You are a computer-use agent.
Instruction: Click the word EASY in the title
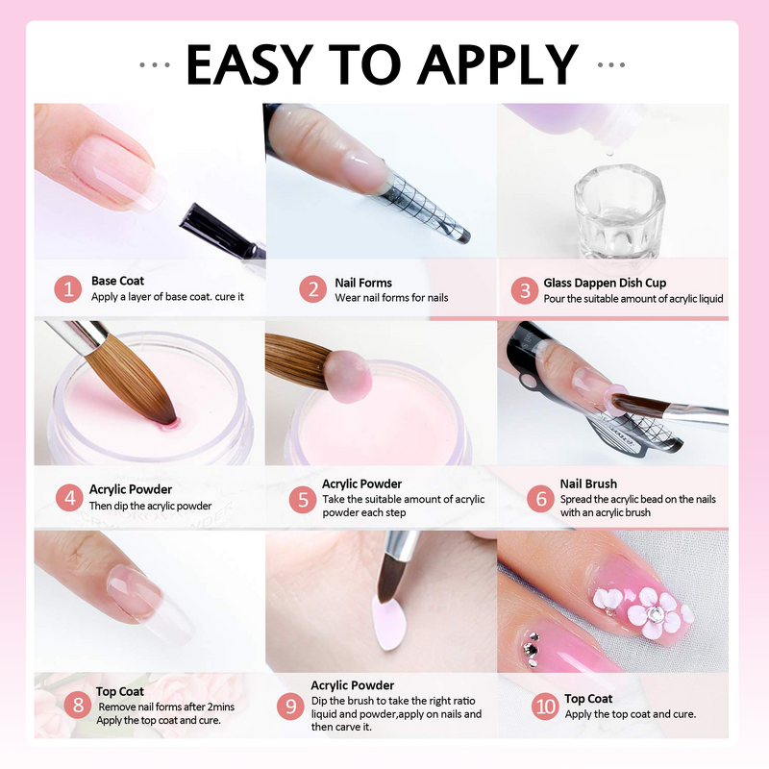pos(246,63)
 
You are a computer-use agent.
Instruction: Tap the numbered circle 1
pos(68,289)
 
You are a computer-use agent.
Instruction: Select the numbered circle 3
pos(524,289)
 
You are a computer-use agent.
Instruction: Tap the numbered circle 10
pos(546,707)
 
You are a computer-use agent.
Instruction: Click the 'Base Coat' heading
pos(117,282)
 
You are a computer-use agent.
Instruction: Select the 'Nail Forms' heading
pos(363,283)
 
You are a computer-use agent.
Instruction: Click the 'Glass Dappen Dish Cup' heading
pos(605,283)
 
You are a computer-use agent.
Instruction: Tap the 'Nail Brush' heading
pos(588,484)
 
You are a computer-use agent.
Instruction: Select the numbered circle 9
pos(290,707)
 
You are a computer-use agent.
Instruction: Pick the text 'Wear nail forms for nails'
pos(391,298)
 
